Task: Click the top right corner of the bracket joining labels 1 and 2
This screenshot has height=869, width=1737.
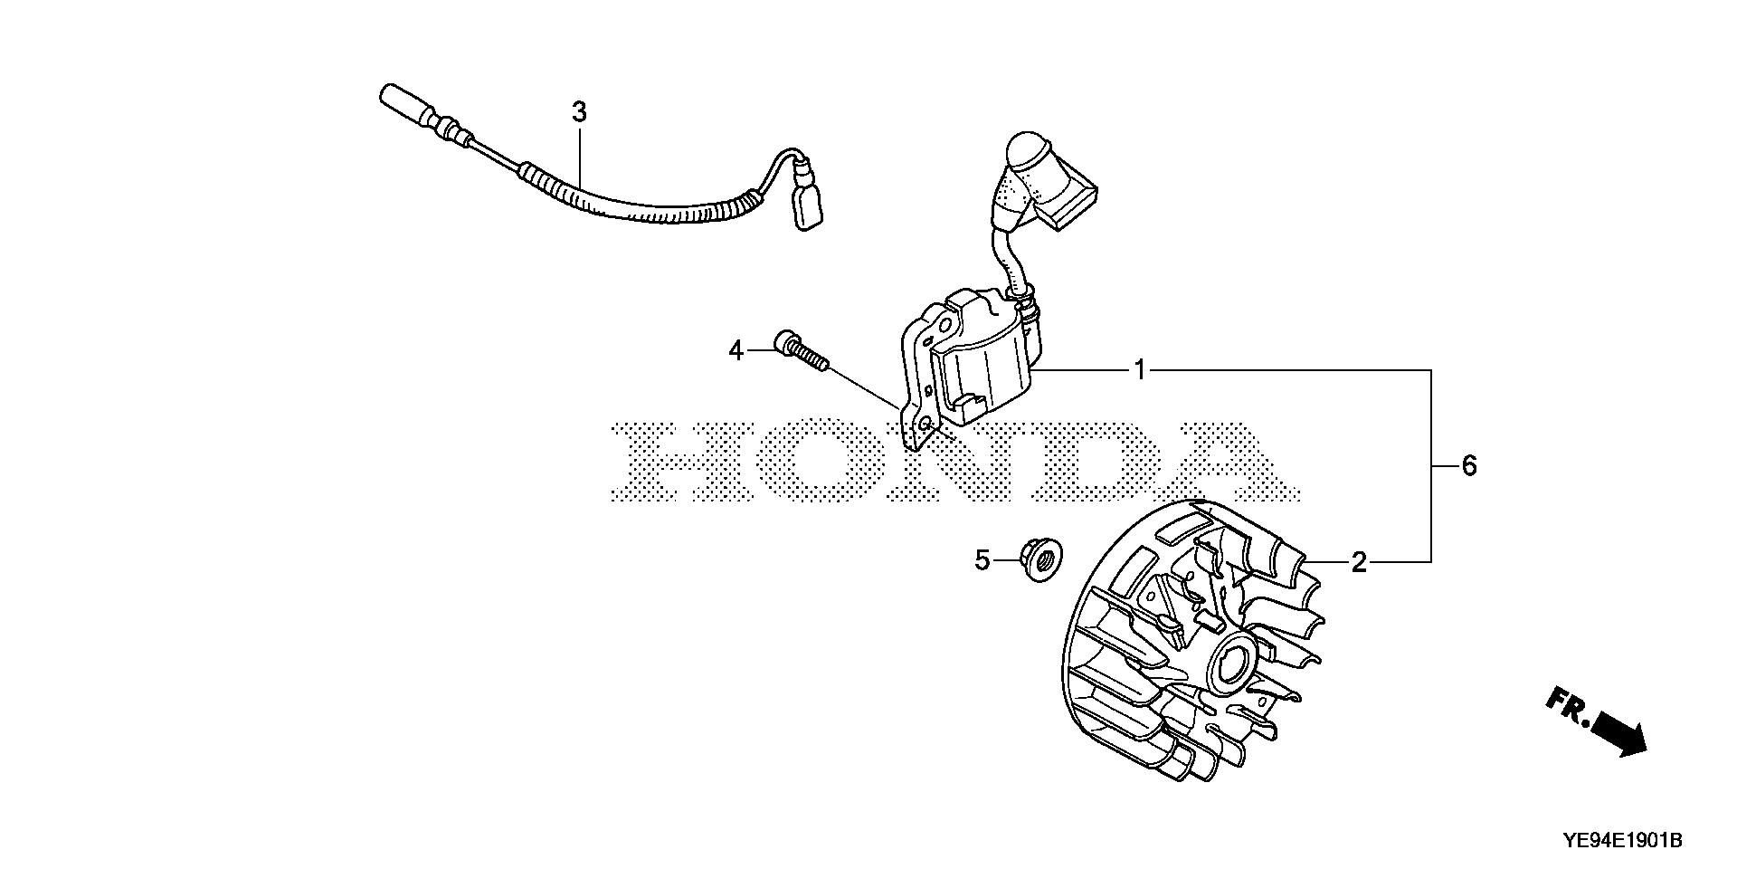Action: click(x=1430, y=370)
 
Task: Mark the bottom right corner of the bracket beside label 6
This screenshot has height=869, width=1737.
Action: click(x=1430, y=562)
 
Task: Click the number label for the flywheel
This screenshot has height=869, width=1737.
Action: click(x=1358, y=563)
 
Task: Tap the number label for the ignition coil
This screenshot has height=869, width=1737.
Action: click(x=1141, y=370)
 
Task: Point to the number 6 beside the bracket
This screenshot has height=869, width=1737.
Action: click(x=1468, y=466)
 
